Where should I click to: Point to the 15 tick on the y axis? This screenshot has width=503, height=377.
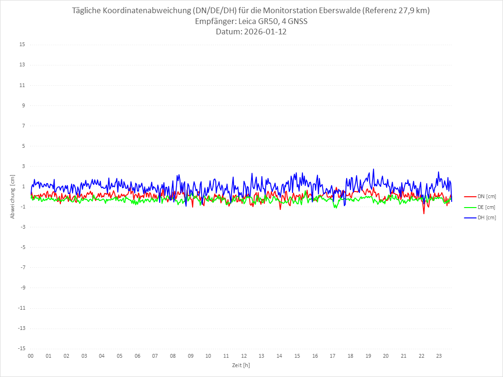(x=22, y=45)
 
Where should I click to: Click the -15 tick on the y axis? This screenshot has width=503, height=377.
(x=21, y=349)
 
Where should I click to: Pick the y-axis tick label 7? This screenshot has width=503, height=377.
(x=23, y=126)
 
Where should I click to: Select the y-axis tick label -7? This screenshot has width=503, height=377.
(x=22, y=268)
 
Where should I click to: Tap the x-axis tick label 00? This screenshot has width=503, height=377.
(x=31, y=356)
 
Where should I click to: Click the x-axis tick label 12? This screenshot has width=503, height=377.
(x=244, y=356)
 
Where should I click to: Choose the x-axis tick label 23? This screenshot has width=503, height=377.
(x=439, y=356)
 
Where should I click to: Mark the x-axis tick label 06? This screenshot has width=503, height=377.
(x=137, y=356)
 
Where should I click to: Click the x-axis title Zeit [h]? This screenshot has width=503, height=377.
(x=241, y=365)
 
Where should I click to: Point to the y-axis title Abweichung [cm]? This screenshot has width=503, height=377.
(x=13, y=196)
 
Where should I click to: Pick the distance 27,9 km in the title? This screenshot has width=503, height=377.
(x=412, y=10)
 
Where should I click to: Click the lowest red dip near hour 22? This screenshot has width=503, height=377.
(x=424, y=214)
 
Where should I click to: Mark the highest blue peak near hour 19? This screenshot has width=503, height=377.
(x=373, y=169)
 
